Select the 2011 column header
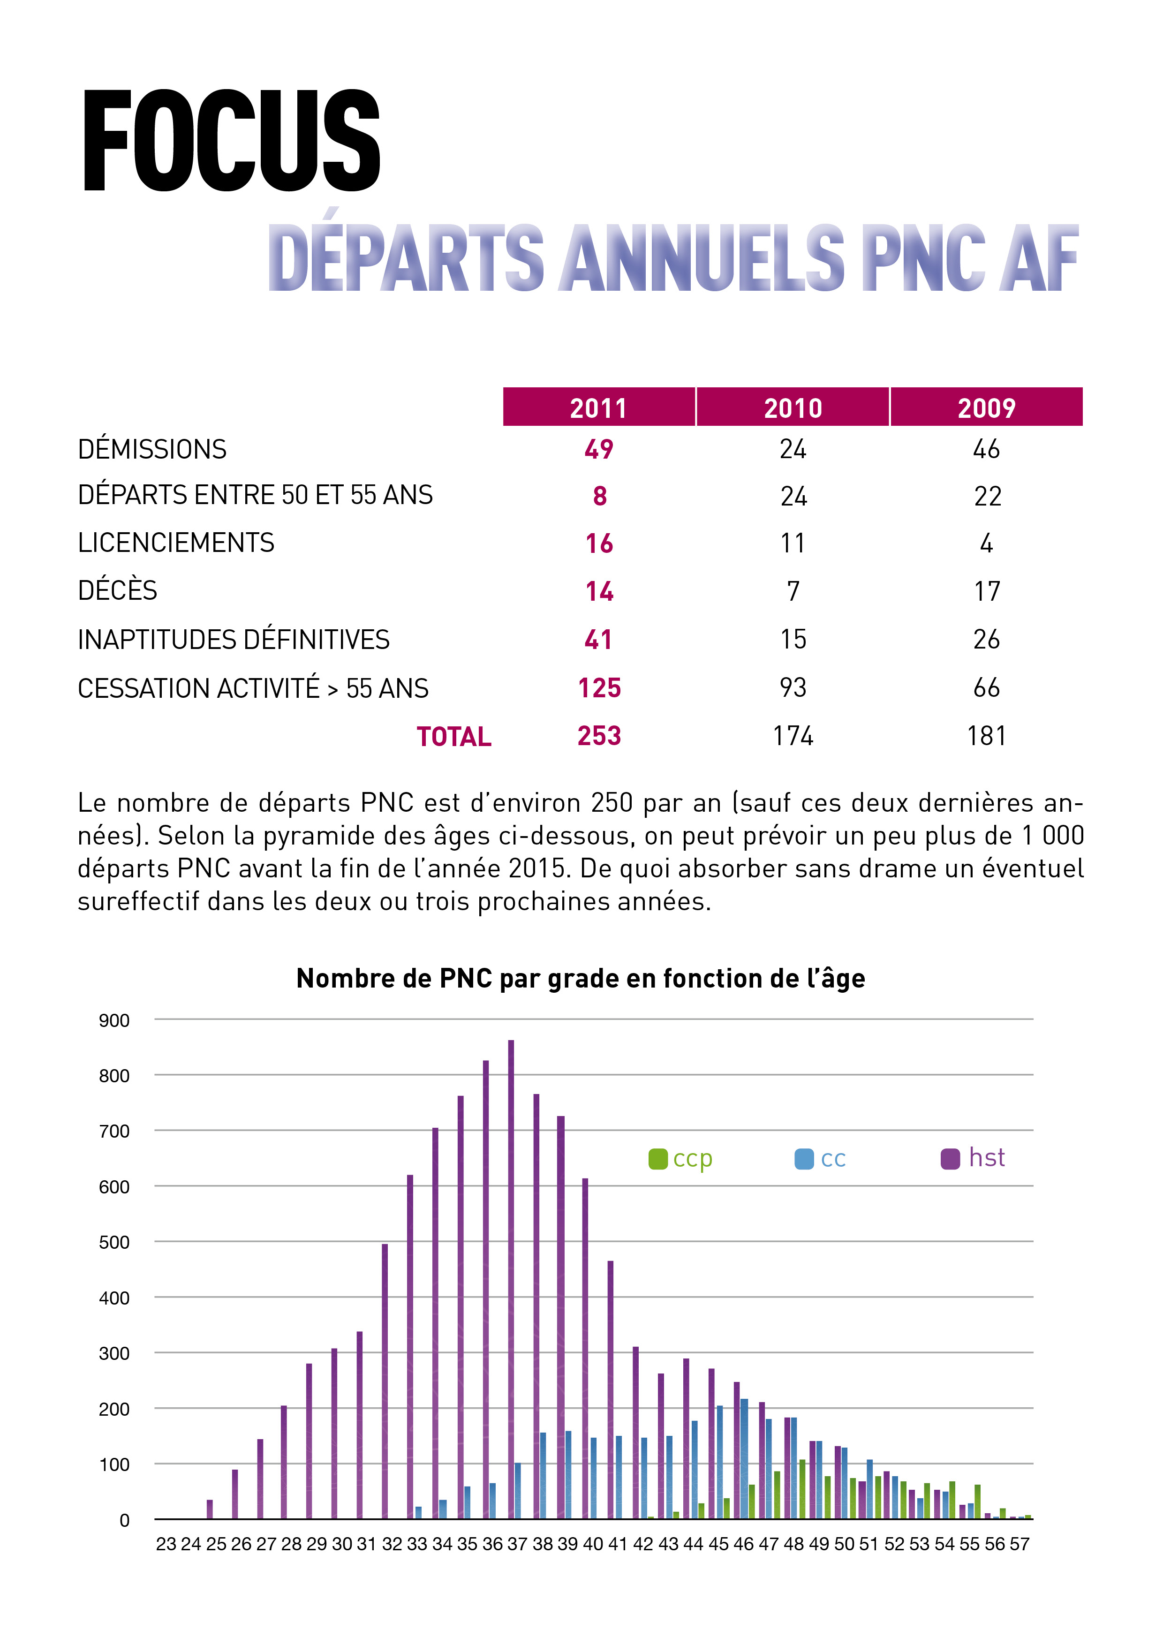click(x=598, y=407)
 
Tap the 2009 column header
click(x=987, y=407)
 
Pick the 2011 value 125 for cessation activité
click(x=599, y=688)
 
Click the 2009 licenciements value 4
click(x=987, y=543)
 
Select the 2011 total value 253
click(x=599, y=736)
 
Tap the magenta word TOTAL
click(x=454, y=737)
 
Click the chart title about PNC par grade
click(x=581, y=978)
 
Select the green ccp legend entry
click(x=681, y=1159)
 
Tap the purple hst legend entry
click(x=973, y=1158)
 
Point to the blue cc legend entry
click(x=821, y=1159)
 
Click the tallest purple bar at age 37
click(x=511, y=1279)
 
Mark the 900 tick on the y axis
click(x=114, y=1020)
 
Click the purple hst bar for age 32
click(x=385, y=1381)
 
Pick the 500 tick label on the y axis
click(x=114, y=1242)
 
